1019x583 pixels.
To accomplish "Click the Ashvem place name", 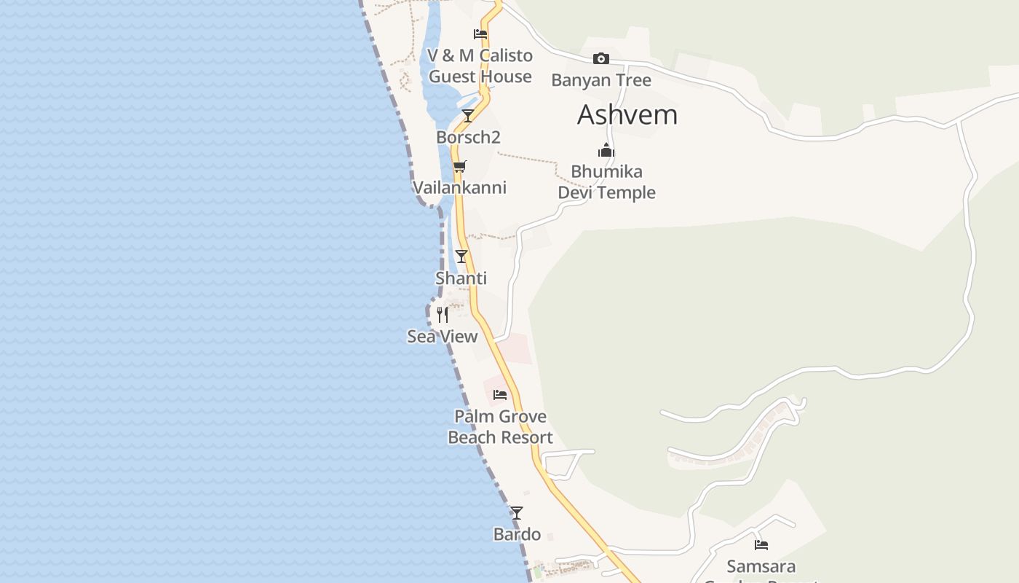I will (627, 115).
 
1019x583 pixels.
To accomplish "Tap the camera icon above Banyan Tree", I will (601, 59).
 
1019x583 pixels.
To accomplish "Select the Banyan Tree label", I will (601, 80).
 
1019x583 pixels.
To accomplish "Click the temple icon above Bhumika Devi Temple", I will (606, 151).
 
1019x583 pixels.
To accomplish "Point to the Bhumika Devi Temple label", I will (606, 182).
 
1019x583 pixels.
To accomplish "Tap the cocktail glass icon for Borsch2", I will (468, 116).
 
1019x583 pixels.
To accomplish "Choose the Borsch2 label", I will (468, 137).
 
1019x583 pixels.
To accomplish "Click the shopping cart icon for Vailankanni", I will (459, 166).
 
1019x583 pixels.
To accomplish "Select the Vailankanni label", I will (459, 187).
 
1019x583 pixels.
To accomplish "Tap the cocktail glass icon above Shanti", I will (461, 257).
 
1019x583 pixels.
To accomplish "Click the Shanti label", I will (461, 278).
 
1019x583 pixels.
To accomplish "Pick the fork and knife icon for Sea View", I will (442, 315).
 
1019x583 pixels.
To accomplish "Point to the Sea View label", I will (442, 337).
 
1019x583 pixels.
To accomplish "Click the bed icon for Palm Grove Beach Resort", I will (500, 395).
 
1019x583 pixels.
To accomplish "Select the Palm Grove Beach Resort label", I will (500, 427).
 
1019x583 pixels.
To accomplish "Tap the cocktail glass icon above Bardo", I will (517, 513).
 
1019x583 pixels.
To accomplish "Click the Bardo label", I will (517, 534).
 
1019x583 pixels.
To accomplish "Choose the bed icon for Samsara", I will (761, 544).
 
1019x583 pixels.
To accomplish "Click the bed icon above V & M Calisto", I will (480, 34).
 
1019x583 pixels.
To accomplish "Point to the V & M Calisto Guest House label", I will (480, 66).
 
